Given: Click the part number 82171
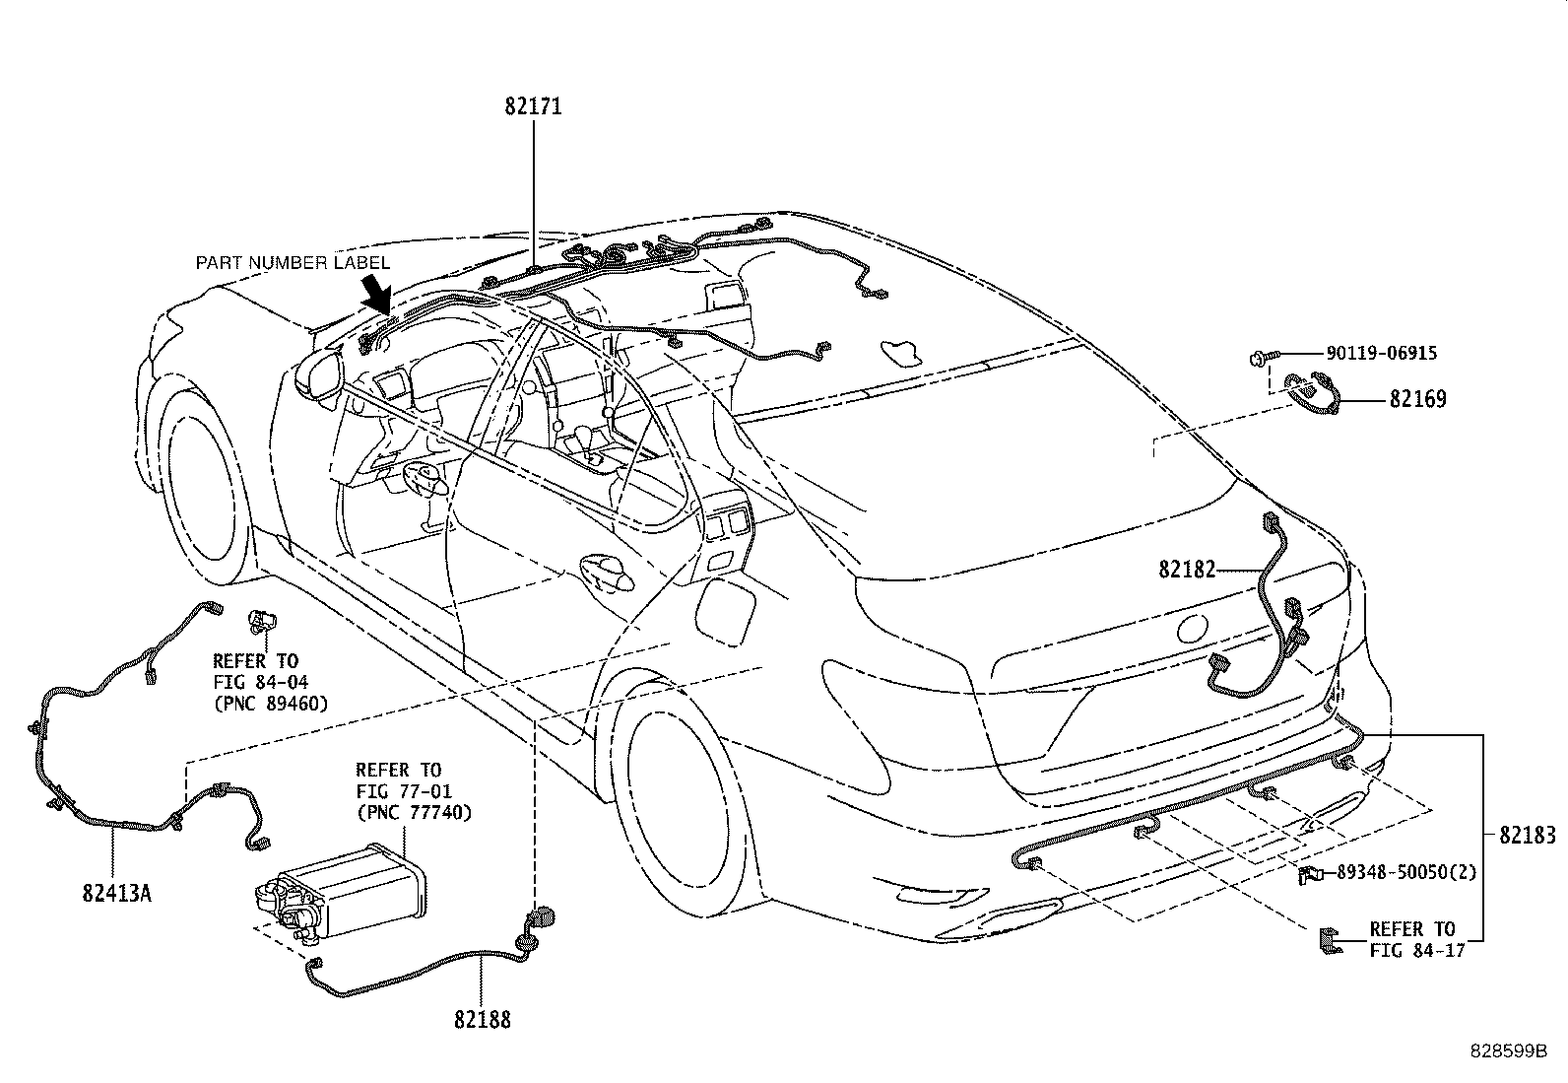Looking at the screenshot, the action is (x=534, y=106).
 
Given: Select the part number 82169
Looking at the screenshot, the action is (x=1417, y=399).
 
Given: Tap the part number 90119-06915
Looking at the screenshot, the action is (x=1382, y=353).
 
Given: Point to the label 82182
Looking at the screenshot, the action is (x=1187, y=570).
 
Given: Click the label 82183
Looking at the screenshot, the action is (x=1528, y=835).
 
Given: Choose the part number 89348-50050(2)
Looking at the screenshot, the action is (x=1406, y=872).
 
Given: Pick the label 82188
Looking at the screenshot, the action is (x=483, y=1020).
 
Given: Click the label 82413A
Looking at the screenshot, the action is (x=117, y=893).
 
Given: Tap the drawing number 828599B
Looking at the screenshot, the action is (x=1508, y=1051).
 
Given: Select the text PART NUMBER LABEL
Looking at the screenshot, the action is (x=293, y=263).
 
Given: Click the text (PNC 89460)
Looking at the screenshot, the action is (x=270, y=704).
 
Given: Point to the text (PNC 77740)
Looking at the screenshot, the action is (x=414, y=813).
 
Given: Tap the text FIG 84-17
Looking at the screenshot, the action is (x=1416, y=951).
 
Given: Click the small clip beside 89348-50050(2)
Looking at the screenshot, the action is (x=1310, y=874).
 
